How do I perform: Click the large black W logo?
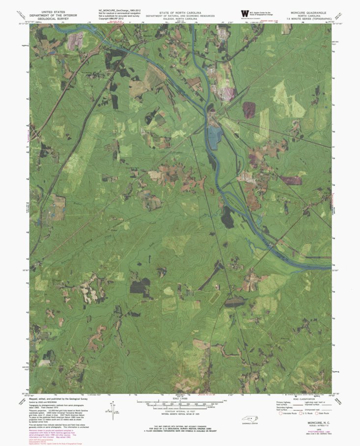[244, 14]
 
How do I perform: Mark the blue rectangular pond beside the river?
[213, 137]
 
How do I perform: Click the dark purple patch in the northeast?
[249, 110]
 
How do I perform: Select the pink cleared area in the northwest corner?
[75, 40]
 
